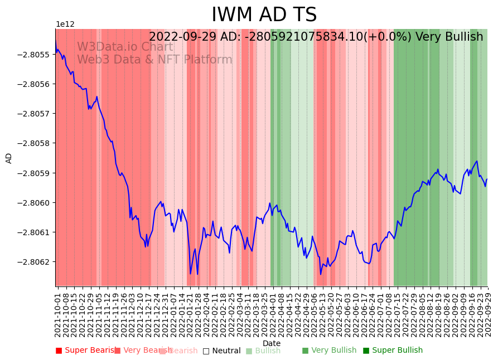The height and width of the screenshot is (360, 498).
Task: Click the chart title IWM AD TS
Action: (x=264, y=15)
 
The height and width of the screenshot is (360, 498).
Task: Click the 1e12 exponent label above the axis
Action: (x=65, y=25)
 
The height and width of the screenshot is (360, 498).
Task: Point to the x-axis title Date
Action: (x=272, y=344)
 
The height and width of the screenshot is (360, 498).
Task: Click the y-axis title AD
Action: (x=9, y=158)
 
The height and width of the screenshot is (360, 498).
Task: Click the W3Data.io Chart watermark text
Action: (x=125, y=47)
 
